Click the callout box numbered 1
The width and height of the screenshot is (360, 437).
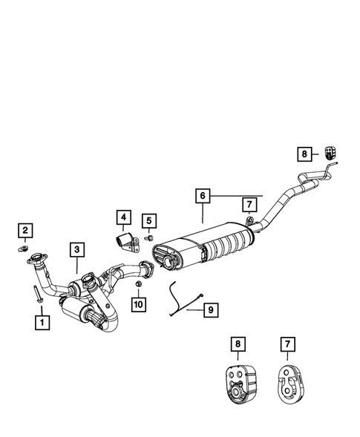pyautogui.click(x=42, y=323)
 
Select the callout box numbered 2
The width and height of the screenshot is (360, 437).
pyautogui.click(x=24, y=231)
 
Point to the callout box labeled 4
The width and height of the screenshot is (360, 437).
pyautogui.click(x=122, y=217)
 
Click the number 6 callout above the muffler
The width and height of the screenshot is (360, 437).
pyautogui.click(x=202, y=197)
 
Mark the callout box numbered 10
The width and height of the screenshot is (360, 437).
pyautogui.click(x=139, y=304)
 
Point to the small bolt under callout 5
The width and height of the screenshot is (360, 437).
pyautogui.click(x=148, y=238)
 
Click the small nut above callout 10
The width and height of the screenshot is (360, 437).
pyautogui.click(x=139, y=284)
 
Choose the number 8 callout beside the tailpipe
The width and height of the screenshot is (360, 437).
pyautogui.click(x=304, y=154)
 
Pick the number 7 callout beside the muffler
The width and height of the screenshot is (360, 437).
pyautogui.click(x=249, y=203)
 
